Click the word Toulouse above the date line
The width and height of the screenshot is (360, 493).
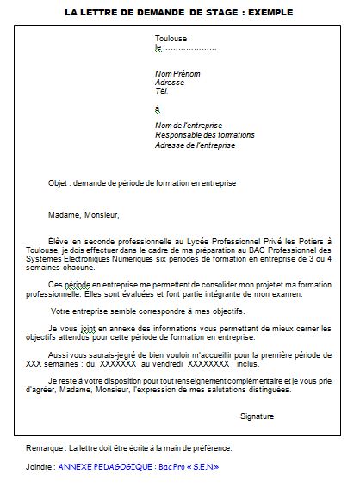171,39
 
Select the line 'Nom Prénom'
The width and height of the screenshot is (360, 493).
176,72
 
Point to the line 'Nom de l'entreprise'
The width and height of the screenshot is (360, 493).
189,126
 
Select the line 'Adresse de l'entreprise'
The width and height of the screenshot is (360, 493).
195,145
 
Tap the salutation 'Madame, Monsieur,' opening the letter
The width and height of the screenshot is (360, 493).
84,215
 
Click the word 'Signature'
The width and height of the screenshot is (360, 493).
257,416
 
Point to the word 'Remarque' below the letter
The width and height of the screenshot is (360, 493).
44,449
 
